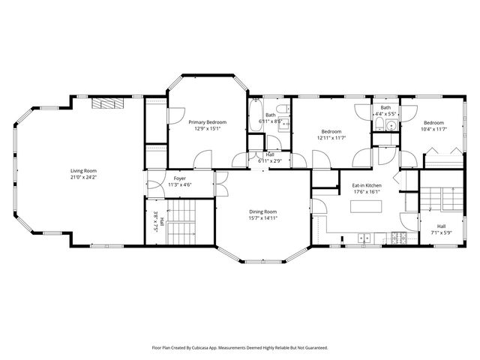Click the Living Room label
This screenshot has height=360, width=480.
pos(83,170)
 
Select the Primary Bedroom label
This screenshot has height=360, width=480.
pos(207,121)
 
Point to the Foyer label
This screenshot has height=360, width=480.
pos(180,178)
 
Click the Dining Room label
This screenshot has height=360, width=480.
pos(262,211)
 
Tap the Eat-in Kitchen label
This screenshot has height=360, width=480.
pos(367,184)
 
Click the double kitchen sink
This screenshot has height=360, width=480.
pos(364,239)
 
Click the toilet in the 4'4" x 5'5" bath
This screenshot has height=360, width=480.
pos(379,124)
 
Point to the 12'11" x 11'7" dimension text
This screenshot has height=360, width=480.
pos(331,138)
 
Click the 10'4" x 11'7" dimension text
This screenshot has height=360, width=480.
pos(433,129)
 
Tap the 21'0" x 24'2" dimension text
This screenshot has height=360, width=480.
pos(83,178)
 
